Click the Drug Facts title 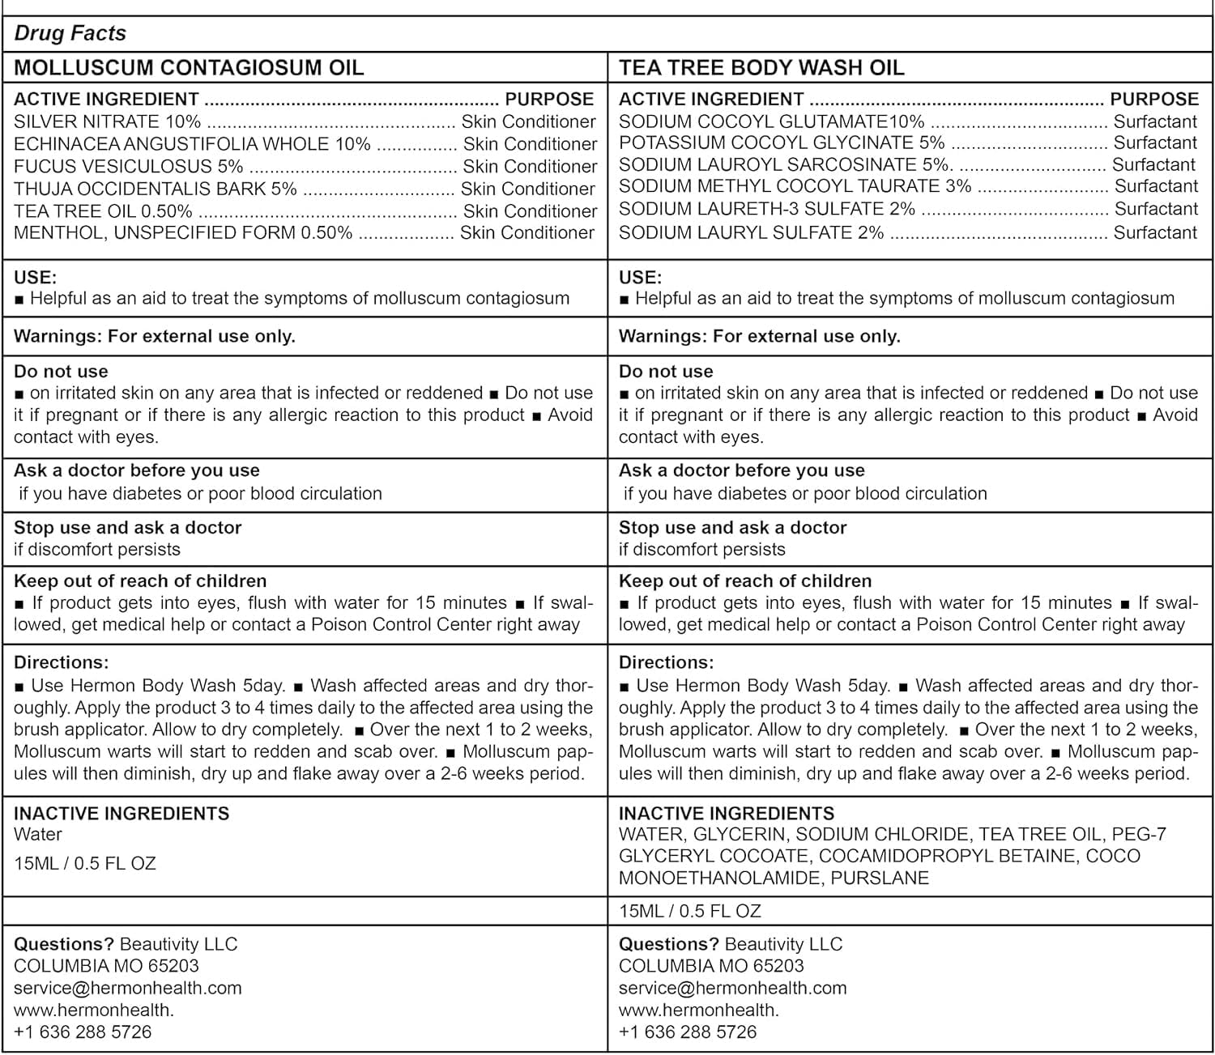coord(70,33)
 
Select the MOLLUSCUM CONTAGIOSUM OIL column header coord(189,67)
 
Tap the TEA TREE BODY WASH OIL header coord(761,67)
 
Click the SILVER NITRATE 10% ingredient coord(107,121)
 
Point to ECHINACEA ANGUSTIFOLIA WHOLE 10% coord(192,144)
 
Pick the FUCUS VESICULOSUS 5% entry coord(128,166)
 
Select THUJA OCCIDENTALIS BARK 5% coord(156,189)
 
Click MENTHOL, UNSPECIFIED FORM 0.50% coord(183,232)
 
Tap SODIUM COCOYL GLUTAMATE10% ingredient coord(771,121)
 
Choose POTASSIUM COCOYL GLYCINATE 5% coord(782,143)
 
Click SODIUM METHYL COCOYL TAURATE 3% coord(795,186)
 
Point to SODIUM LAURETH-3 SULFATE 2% coord(766,209)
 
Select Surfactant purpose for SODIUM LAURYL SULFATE coord(1155,232)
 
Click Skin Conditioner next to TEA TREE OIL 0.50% coord(530,211)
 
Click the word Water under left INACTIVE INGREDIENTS coord(38,834)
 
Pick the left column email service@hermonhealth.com coord(128,988)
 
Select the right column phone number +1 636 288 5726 coord(688,1032)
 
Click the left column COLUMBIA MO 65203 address coord(106,966)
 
